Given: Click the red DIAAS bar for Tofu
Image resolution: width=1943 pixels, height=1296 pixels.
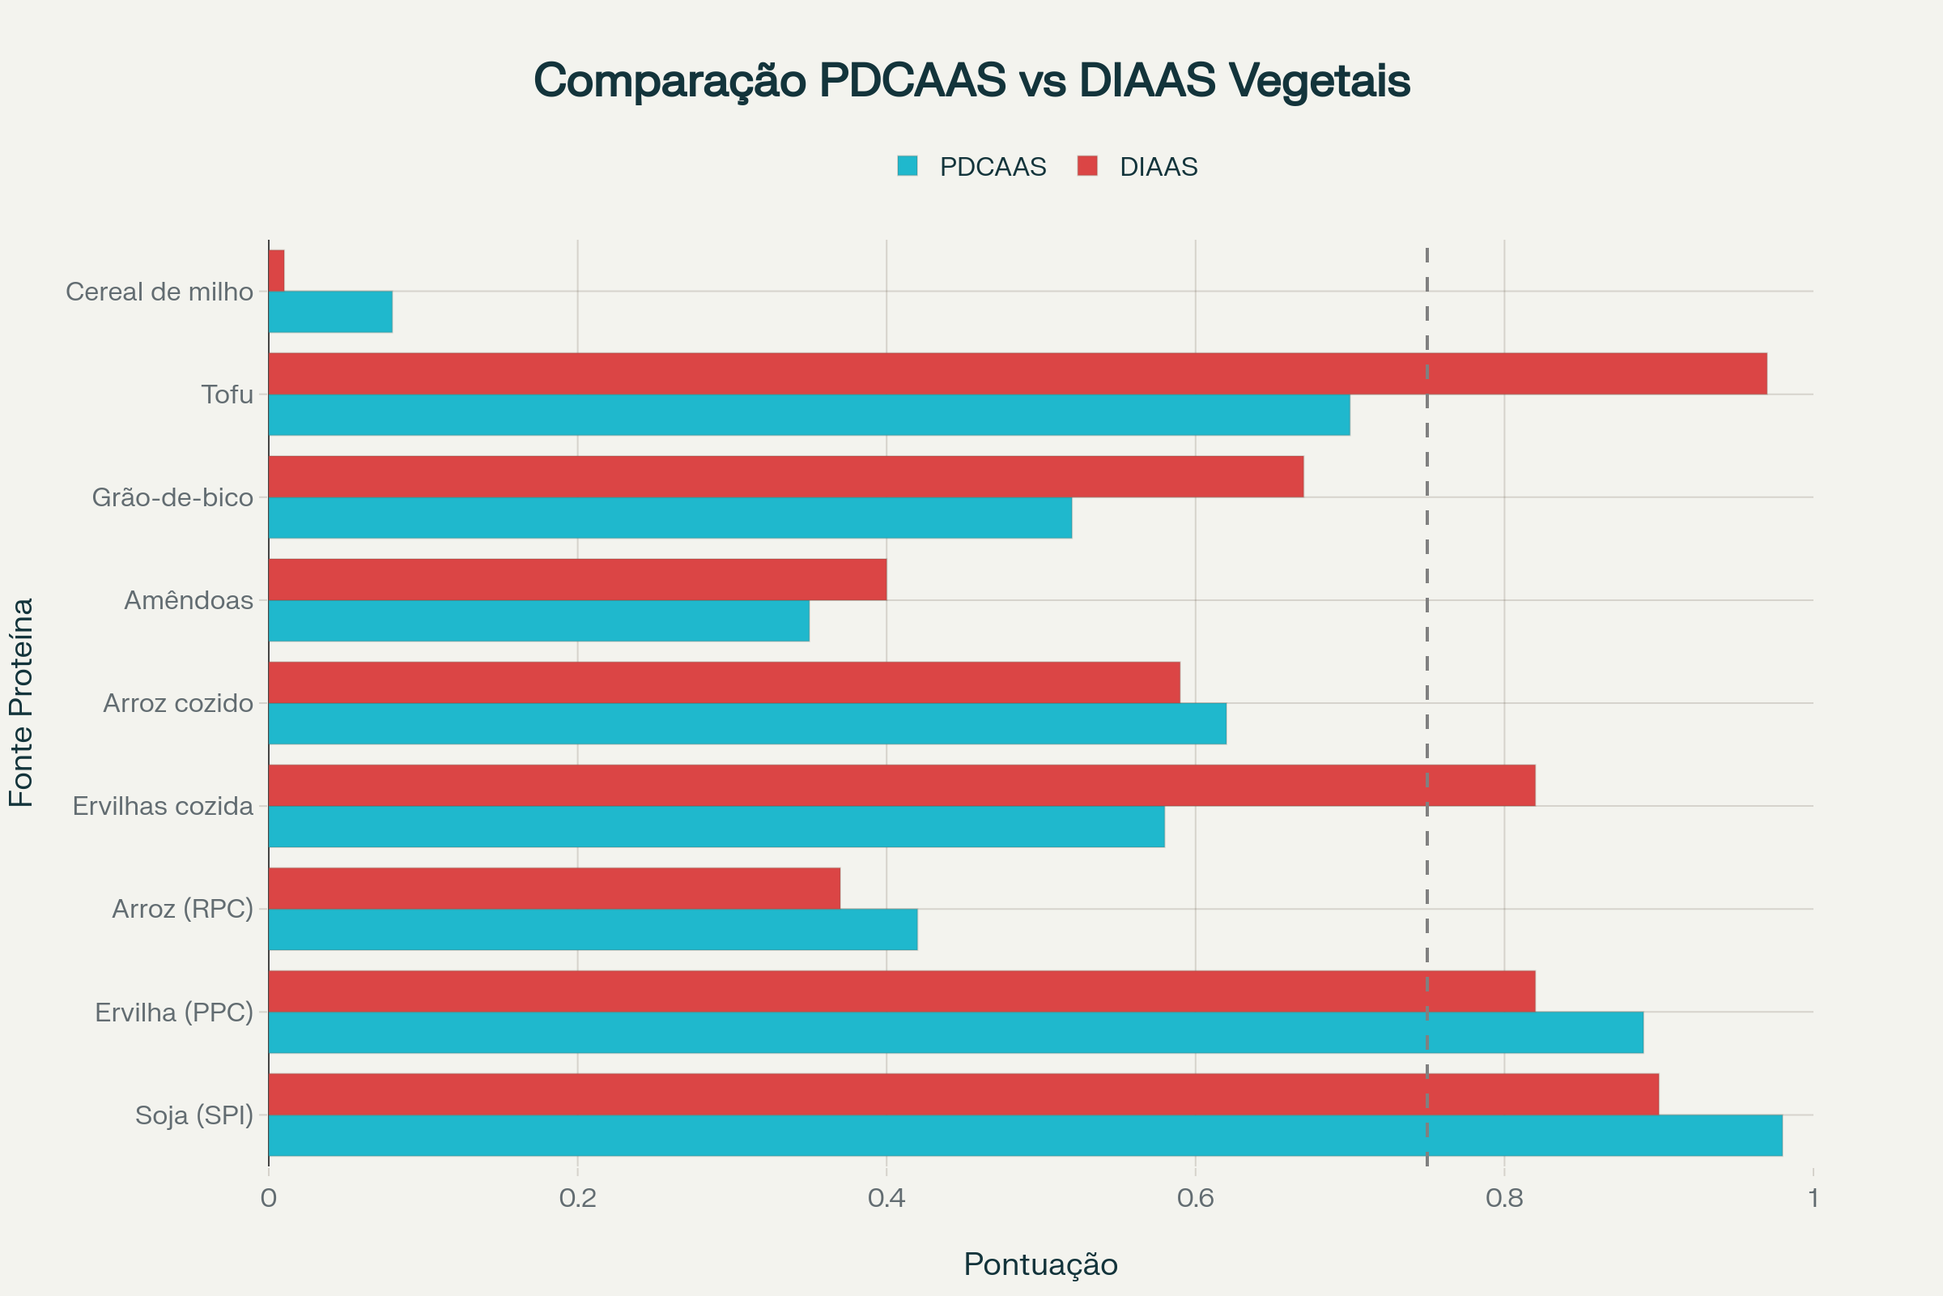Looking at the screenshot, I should click(1016, 373).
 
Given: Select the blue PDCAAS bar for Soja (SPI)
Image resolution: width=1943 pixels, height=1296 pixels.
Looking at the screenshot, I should click(1024, 1136).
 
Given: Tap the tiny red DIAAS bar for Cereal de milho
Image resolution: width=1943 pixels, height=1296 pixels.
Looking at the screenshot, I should click(277, 271).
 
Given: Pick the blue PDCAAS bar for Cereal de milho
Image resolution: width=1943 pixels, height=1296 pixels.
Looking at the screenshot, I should click(330, 312).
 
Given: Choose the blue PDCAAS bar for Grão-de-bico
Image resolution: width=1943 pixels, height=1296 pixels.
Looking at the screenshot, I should click(670, 518).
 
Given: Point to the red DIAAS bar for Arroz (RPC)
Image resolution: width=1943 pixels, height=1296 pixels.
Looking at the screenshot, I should click(554, 889).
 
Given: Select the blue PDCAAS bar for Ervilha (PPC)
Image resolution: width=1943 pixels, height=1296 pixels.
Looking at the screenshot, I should click(955, 1032).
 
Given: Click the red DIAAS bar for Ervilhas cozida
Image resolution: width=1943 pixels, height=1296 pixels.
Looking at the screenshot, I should click(900, 785).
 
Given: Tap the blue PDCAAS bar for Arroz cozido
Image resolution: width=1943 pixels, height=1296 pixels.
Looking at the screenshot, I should click(746, 724).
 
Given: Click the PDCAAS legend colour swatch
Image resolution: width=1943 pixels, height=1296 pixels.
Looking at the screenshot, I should click(907, 166).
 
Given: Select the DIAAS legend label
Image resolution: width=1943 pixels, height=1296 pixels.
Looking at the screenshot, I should click(1159, 167).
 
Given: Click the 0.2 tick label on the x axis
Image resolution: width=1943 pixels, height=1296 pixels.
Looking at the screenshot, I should click(577, 1198).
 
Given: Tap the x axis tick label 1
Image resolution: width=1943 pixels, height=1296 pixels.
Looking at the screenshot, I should click(1813, 1198).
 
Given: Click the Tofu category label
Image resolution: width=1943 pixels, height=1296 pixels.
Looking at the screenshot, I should click(227, 394).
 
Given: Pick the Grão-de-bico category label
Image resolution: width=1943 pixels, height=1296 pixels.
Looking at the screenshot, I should click(172, 497).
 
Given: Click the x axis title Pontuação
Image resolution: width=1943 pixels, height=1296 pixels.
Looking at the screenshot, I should click(1040, 1264).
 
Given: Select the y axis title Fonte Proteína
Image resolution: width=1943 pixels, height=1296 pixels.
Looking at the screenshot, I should click(22, 702).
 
